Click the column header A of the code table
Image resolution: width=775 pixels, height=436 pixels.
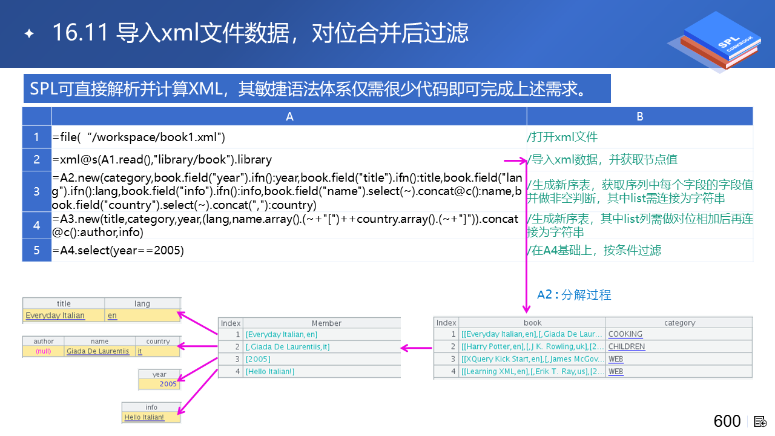tap(289, 117)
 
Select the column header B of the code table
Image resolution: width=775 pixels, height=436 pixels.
tap(640, 117)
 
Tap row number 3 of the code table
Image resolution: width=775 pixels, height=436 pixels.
tap(37, 191)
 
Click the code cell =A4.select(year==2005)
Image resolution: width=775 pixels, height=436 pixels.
tap(118, 250)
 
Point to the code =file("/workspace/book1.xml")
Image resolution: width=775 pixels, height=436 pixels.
tap(139, 137)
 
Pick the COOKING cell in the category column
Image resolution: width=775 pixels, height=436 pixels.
tap(625, 334)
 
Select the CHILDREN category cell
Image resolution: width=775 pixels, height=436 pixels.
tap(627, 346)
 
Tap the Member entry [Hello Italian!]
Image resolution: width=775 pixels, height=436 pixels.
tap(270, 371)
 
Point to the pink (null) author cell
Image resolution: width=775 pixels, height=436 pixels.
tap(43, 351)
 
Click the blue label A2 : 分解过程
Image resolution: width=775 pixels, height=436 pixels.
tap(574, 295)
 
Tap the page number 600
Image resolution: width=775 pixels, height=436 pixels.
tap(727, 421)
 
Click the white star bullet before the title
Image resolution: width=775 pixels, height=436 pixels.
tap(30, 33)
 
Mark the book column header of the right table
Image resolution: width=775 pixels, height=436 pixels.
tap(532, 323)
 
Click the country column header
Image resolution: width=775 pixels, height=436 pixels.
tap(158, 341)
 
